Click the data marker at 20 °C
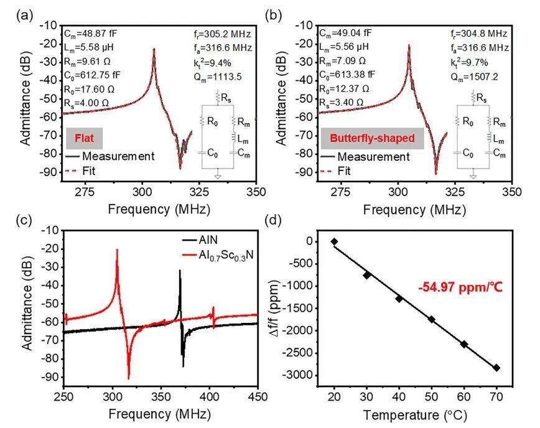(334, 241)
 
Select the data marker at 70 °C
(496, 368)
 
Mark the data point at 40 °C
(399, 299)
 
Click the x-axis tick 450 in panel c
(258, 398)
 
